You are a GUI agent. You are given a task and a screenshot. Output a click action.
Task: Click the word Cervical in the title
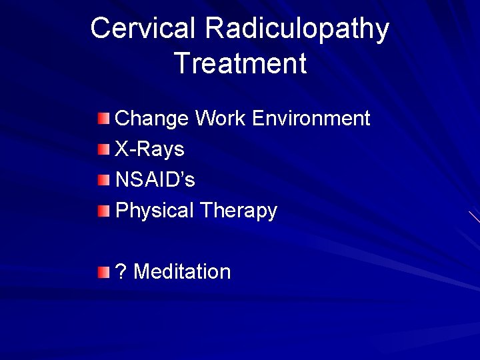point(143,29)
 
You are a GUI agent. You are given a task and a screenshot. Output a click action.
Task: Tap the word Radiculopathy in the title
point(297,29)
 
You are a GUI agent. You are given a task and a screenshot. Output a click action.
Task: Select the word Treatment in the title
point(240,63)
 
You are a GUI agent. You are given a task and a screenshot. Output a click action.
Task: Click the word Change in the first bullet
point(153,119)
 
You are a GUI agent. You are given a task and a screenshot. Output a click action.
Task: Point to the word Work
point(221,119)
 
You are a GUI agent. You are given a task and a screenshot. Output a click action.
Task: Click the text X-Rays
point(149,149)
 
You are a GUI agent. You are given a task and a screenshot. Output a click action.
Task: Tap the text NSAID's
point(155,180)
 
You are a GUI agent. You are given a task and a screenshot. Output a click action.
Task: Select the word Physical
point(154,211)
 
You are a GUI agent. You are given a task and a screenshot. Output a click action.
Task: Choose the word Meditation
point(183,271)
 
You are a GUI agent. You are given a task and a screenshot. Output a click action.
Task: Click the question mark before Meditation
point(121,271)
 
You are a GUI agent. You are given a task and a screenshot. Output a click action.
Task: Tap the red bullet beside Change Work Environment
point(100,119)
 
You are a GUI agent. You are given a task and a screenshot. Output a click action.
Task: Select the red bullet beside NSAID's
point(100,180)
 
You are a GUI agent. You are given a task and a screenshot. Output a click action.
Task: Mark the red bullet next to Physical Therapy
point(100,211)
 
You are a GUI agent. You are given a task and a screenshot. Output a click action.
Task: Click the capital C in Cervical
point(101,29)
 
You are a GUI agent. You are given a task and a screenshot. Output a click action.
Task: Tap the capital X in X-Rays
point(122,149)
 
